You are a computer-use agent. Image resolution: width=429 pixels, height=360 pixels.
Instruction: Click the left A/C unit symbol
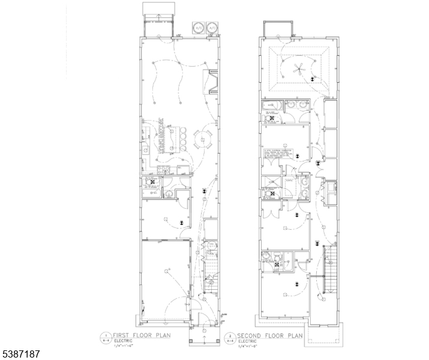pyautogui.click(x=197, y=28)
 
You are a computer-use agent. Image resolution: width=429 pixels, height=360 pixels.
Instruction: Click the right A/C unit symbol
pyautogui.click(x=211, y=28)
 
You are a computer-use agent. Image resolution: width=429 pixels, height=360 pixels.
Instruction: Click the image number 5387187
pyautogui.click(x=21, y=354)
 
